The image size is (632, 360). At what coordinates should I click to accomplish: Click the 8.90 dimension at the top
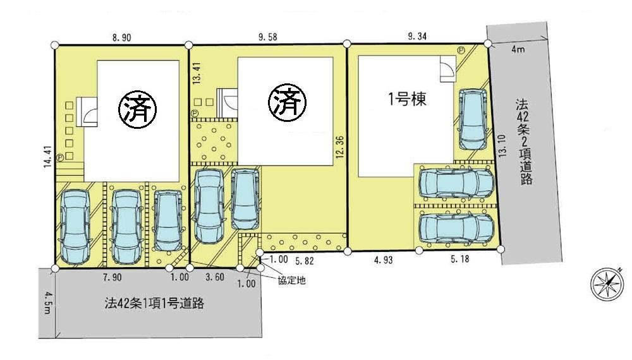121,38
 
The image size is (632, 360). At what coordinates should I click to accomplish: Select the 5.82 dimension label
303,260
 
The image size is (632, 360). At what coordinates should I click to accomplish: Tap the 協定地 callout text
292,280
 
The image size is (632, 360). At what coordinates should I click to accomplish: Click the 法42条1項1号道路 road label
154,304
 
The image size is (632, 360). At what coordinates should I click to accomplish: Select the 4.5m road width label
45,302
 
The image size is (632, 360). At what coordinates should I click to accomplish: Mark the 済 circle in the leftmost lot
138,108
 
